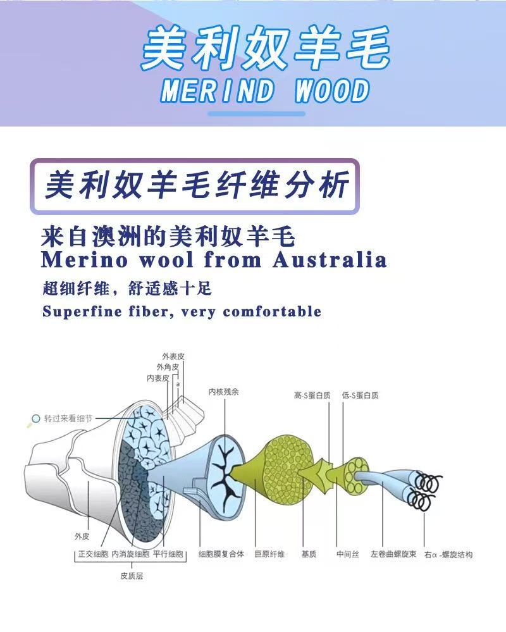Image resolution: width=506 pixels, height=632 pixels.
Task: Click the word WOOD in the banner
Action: [x=331, y=91]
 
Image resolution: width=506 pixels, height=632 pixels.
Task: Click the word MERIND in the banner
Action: [x=218, y=91]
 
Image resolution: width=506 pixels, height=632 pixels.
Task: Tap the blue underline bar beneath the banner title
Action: [x=256, y=114]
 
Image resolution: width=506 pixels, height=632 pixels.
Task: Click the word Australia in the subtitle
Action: [x=330, y=259]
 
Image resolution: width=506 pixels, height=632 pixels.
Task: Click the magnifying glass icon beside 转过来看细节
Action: [x=35, y=419]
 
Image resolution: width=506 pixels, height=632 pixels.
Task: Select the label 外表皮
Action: [x=173, y=356]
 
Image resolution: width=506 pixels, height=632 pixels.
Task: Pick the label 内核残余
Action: [x=224, y=392]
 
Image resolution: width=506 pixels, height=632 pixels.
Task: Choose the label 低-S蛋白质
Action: [x=360, y=395]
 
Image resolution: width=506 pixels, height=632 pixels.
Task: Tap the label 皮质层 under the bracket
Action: [x=132, y=576]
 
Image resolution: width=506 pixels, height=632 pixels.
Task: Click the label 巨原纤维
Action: [x=269, y=554]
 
